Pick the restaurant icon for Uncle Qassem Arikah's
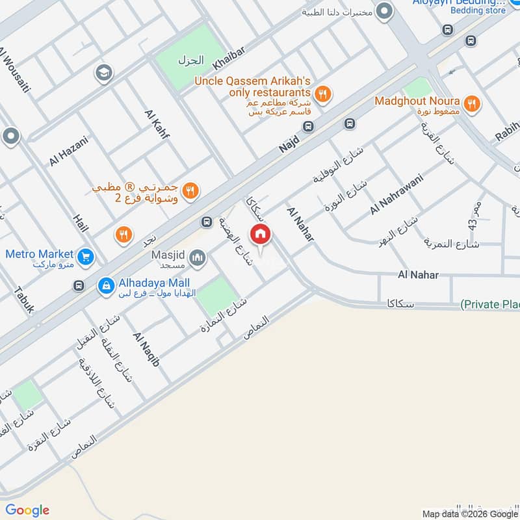pos(322,94)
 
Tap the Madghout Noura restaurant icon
pos(472,102)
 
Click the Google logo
pos(27,510)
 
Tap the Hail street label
pos(81,224)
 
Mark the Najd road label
pos(288,140)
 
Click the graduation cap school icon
pos(102,72)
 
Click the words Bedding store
pos(478,10)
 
